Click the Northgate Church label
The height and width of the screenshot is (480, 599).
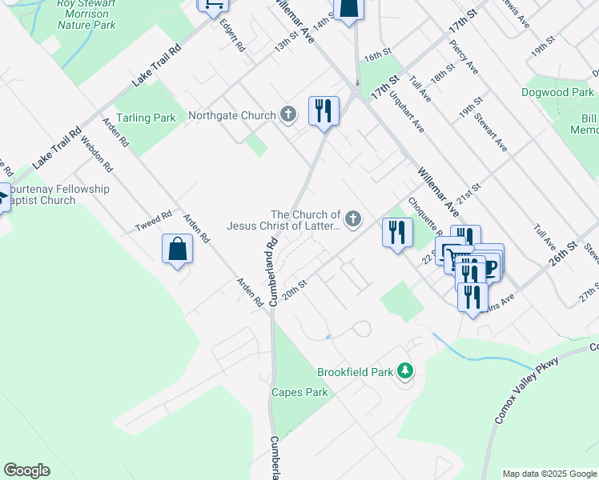[x=231, y=116]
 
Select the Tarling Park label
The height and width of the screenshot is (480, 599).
[x=145, y=118]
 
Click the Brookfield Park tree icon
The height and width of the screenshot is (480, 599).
[x=406, y=371]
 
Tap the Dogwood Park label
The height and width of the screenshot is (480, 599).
[x=557, y=93]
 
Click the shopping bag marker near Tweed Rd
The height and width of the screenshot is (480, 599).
[x=178, y=249]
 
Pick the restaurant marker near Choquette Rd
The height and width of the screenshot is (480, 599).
[x=398, y=233]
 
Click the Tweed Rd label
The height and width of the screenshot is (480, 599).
[x=154, y=222]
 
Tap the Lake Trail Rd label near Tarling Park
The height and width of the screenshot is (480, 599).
[x=157, y=65]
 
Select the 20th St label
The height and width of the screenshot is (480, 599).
[x=295, y=285]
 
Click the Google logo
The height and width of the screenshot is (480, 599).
[x=27, y=470]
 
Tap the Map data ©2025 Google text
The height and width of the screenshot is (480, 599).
[x=549, y=474]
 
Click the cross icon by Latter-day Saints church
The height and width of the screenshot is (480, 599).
[x=352, y=218]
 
